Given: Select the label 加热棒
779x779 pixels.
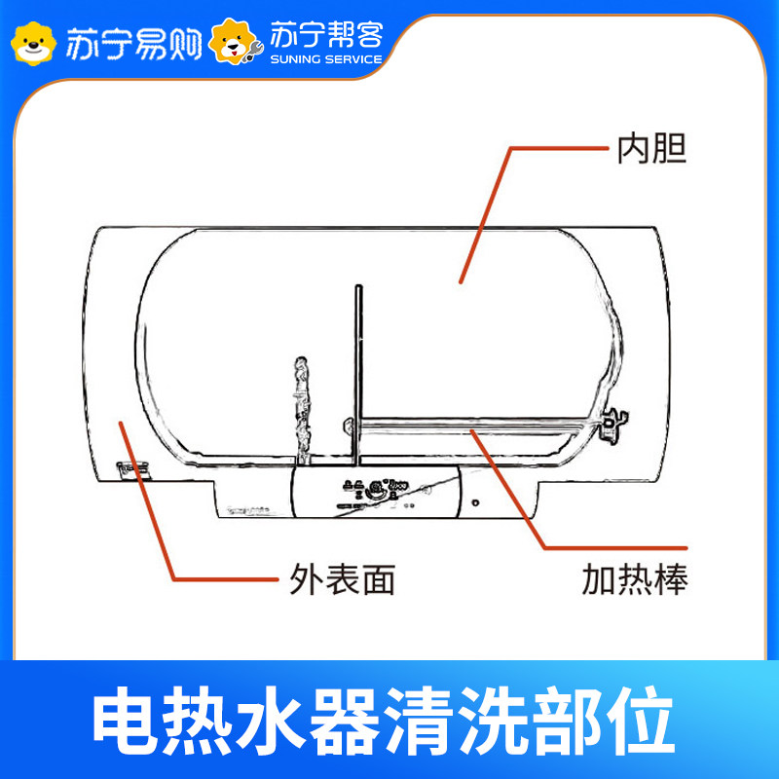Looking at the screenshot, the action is click(635, 581).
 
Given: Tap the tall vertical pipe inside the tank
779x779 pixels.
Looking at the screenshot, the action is click(359, 370).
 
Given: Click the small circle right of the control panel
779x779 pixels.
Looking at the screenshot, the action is click(474, 505).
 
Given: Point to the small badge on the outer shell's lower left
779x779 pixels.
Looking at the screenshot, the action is click(130, 467).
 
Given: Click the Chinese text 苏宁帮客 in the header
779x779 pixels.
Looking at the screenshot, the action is click(326, 36).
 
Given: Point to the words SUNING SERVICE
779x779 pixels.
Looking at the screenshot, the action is click(326, 58).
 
